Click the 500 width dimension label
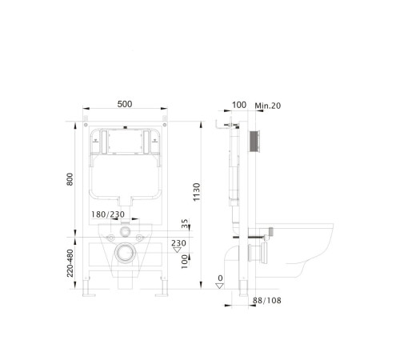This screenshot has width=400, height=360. tap(125, 104)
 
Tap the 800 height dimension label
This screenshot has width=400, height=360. tap(70, 179)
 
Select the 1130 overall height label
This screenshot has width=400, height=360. tap(196, 192)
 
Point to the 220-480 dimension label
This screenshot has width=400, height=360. tap(70, 263)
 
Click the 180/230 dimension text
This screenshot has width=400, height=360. tap(108, 214)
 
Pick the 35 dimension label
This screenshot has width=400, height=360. tap(185, 223)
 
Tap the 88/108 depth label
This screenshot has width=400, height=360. tap(266, 301)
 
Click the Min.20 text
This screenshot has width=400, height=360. tap(267, 106)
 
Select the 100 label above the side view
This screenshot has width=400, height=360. tap(239, 105)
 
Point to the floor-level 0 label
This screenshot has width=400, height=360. tap(220, 278)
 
